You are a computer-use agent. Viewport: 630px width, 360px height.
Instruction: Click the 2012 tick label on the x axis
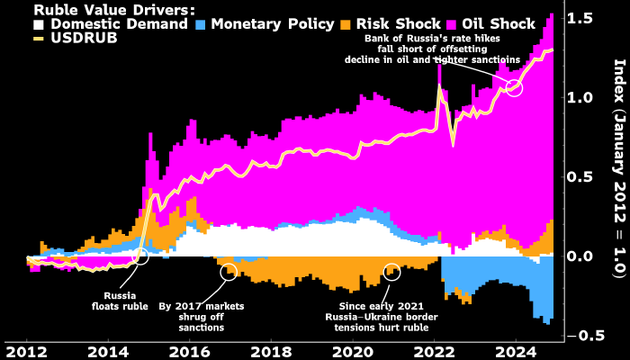27,349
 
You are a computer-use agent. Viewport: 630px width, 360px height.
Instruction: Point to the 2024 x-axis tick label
516,349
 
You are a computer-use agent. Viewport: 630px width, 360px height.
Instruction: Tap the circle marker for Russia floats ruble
139,256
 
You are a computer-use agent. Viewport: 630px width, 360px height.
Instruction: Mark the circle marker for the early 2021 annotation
391,271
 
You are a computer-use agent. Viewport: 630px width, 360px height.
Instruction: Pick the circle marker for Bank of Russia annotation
514,87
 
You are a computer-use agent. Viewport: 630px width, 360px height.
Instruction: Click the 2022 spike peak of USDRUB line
439,85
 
